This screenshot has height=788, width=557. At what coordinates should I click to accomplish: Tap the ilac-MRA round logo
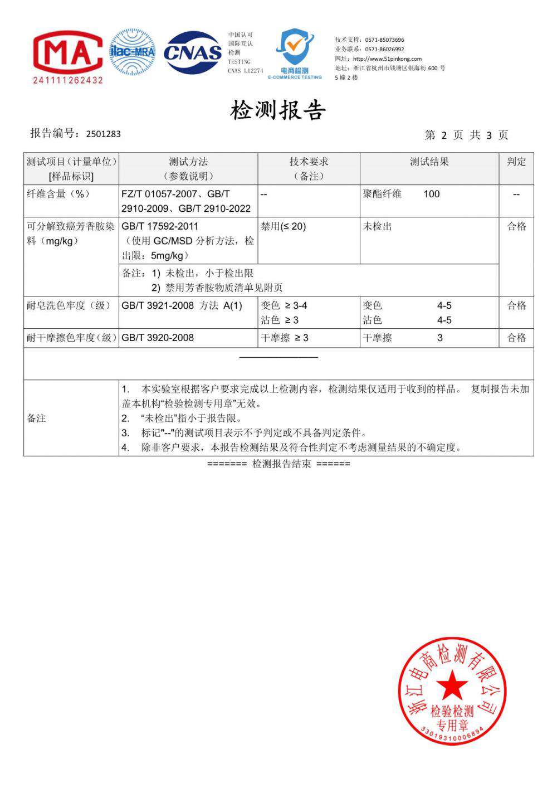click(x=132, y=52)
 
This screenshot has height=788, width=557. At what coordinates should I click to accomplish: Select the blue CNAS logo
click(x=193, y=52)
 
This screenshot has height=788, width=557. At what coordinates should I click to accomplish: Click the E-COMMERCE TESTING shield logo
click(x=295, y=53)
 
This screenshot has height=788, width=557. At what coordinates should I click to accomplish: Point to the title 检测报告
click(x=277, y=110)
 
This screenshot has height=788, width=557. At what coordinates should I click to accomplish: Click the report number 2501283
click(x=103, y=134)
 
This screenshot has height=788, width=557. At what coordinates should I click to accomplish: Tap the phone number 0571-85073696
click(x=384, y=40)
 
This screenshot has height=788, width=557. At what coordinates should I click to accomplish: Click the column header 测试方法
click(x=188, y=162)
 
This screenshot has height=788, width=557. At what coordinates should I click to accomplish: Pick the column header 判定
click(x=516, y=162)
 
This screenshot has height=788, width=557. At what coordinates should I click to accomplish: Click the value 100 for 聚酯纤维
click(x=431, y=194)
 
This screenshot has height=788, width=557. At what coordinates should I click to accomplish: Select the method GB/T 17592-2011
click(x=160, y=226)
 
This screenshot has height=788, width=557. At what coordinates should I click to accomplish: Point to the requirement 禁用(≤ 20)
click(x=283, y=226)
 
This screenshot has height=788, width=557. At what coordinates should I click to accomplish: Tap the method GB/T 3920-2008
click(x=158, y=338)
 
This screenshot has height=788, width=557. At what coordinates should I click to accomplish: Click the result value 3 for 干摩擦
click(x=440, y=338)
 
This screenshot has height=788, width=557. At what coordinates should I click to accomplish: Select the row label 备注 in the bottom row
click(x=36, y=418)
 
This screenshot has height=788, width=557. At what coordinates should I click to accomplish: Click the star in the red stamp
click(x=452, y=685)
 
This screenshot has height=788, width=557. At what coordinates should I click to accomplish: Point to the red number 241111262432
click(x=68, y=80)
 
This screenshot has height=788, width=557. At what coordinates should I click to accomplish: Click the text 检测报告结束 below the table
click(x=281, y=464)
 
